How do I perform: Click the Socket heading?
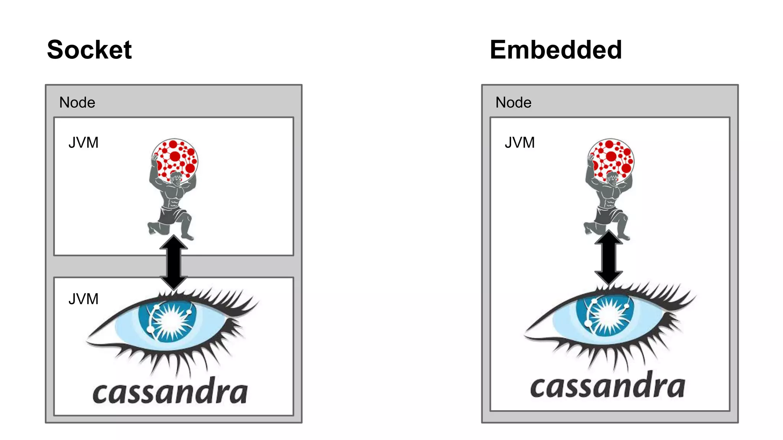89,50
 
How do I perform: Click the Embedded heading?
556,50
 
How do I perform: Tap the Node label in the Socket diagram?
77,102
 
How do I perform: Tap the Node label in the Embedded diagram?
513,102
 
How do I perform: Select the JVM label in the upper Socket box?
83,142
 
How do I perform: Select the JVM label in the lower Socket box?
83,299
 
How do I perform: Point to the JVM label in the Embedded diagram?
520,142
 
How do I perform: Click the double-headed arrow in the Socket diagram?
174,262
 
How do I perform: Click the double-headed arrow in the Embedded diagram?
609,258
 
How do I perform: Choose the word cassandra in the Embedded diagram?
608,387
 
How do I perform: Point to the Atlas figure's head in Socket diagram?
176,178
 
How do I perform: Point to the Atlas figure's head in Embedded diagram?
612,178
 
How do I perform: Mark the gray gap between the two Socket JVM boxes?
107,266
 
